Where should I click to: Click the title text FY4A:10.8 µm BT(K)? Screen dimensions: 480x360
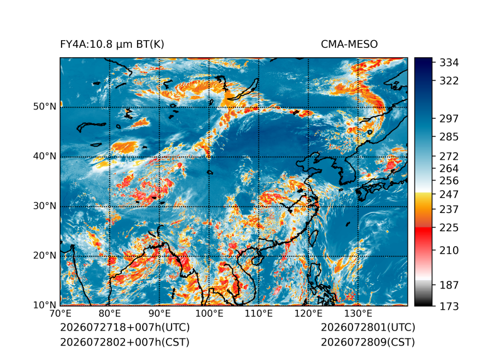pos(112,45)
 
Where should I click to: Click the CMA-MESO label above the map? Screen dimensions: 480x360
pos(349,45)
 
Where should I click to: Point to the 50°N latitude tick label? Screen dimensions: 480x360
pos(45,107)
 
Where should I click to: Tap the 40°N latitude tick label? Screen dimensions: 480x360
pos(45,156)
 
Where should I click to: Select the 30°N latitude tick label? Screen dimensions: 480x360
pos(45,206)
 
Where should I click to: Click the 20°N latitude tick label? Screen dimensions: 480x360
pos(45,256)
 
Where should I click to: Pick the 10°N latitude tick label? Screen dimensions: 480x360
pos(45,305)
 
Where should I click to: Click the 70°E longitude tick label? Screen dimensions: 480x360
pos(60,314)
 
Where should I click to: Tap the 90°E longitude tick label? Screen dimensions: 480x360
pos(159,314)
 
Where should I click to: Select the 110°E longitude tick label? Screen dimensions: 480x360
pos(259,314)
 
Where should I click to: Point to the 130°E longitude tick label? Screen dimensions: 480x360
pos(358,314)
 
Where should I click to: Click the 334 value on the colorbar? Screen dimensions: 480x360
pos(449,63)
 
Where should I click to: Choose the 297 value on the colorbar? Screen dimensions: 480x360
pos(449,119)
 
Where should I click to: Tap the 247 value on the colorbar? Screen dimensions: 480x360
pos(449,194)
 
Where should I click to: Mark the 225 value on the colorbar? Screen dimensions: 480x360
pos(449,228)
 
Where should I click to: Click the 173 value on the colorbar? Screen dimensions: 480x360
pos(449,306)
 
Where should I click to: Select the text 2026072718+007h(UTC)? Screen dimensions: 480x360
pos(125,327)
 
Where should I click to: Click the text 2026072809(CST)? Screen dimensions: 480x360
pos(368,342)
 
